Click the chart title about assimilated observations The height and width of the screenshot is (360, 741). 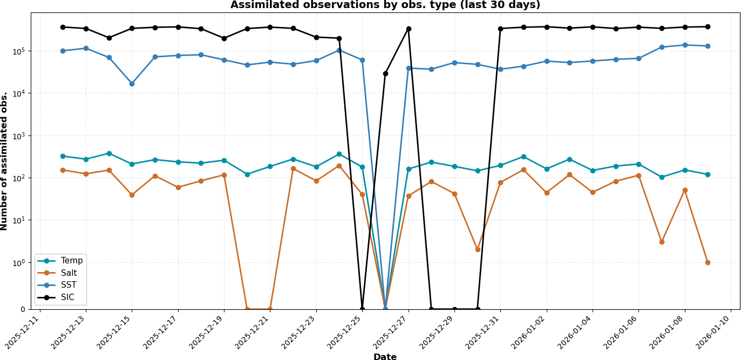[x=385, y=5]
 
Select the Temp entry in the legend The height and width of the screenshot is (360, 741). [x=71, y=261]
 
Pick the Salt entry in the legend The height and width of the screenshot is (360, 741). [x=69, y=273]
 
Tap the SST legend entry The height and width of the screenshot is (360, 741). [x=69, y=285]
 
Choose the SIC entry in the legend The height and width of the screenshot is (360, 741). [x=67, y=297]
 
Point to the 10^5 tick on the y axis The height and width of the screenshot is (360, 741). [x=17, y=51]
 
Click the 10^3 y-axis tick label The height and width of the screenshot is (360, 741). [x=17, y=136]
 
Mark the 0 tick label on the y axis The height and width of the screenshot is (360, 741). [x=23, y=309]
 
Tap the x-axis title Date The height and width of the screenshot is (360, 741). [x=385, y=357]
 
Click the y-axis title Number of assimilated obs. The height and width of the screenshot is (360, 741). [x=5, y=161]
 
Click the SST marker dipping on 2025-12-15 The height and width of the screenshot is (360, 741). [x=132, y=84]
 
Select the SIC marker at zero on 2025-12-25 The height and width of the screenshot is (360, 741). [x=362, y=309]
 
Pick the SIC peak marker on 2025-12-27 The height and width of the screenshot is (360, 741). [x=409, y=29]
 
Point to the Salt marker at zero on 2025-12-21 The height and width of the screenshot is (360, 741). [x=270, y=309]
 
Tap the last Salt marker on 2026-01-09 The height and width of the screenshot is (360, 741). [x=708, y=262]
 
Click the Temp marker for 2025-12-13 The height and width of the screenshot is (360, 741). [x=86, y=159]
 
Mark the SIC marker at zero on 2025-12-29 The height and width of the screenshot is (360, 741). [x=454, y=309]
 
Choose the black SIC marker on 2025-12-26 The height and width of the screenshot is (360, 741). [x=385, y=73]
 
